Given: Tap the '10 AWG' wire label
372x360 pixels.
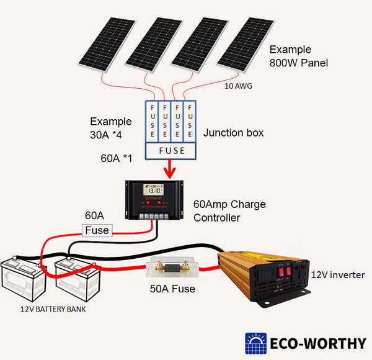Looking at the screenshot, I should pos(237,86).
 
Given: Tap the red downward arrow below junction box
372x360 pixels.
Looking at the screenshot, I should pos(170,168).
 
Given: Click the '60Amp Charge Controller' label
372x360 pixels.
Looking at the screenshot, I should pos(225,210).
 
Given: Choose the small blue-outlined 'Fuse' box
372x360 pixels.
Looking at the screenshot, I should pos(97,230).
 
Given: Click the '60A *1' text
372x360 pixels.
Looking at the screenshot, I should pos(117,158).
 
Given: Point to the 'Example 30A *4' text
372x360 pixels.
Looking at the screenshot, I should pos(111,127).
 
